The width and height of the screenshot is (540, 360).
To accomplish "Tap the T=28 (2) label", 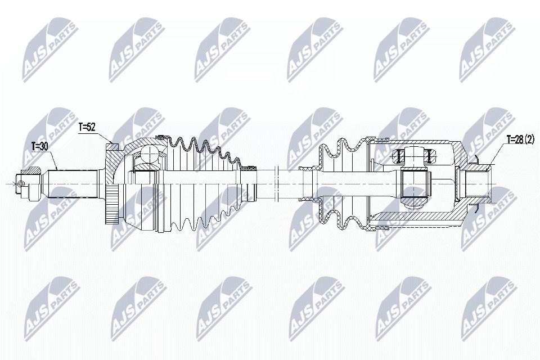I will point(520,139).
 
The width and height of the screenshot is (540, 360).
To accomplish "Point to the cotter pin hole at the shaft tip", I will point(21,183).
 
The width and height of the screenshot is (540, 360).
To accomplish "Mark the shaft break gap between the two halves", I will point(277,183).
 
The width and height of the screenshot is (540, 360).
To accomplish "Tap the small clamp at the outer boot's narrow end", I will point(247,167).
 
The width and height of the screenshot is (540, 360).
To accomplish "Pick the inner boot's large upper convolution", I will point(344,143).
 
